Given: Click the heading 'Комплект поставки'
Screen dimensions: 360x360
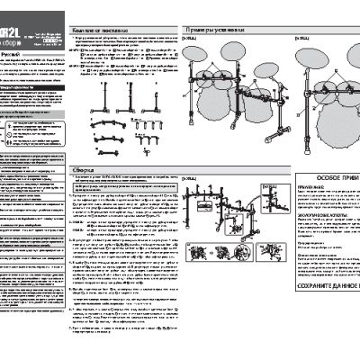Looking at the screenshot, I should click(96, 30).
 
